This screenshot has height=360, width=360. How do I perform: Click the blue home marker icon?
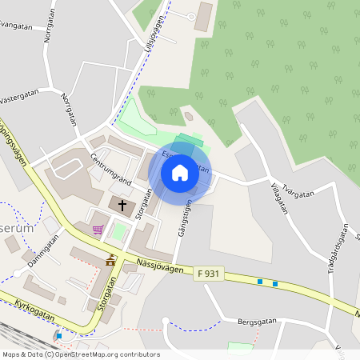click(x=180, y=173)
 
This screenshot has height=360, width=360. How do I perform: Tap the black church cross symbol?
click(x=123, y=206)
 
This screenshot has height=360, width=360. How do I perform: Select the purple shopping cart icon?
click(x=98, y=230)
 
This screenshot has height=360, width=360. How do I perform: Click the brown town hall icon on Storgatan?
click(x=110, y=260)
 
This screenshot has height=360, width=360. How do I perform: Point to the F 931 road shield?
click(x=207, y=274)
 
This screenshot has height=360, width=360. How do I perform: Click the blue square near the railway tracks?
click(x=59, y=335)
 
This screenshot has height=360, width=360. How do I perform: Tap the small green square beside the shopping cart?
click(x=119, y=232)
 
